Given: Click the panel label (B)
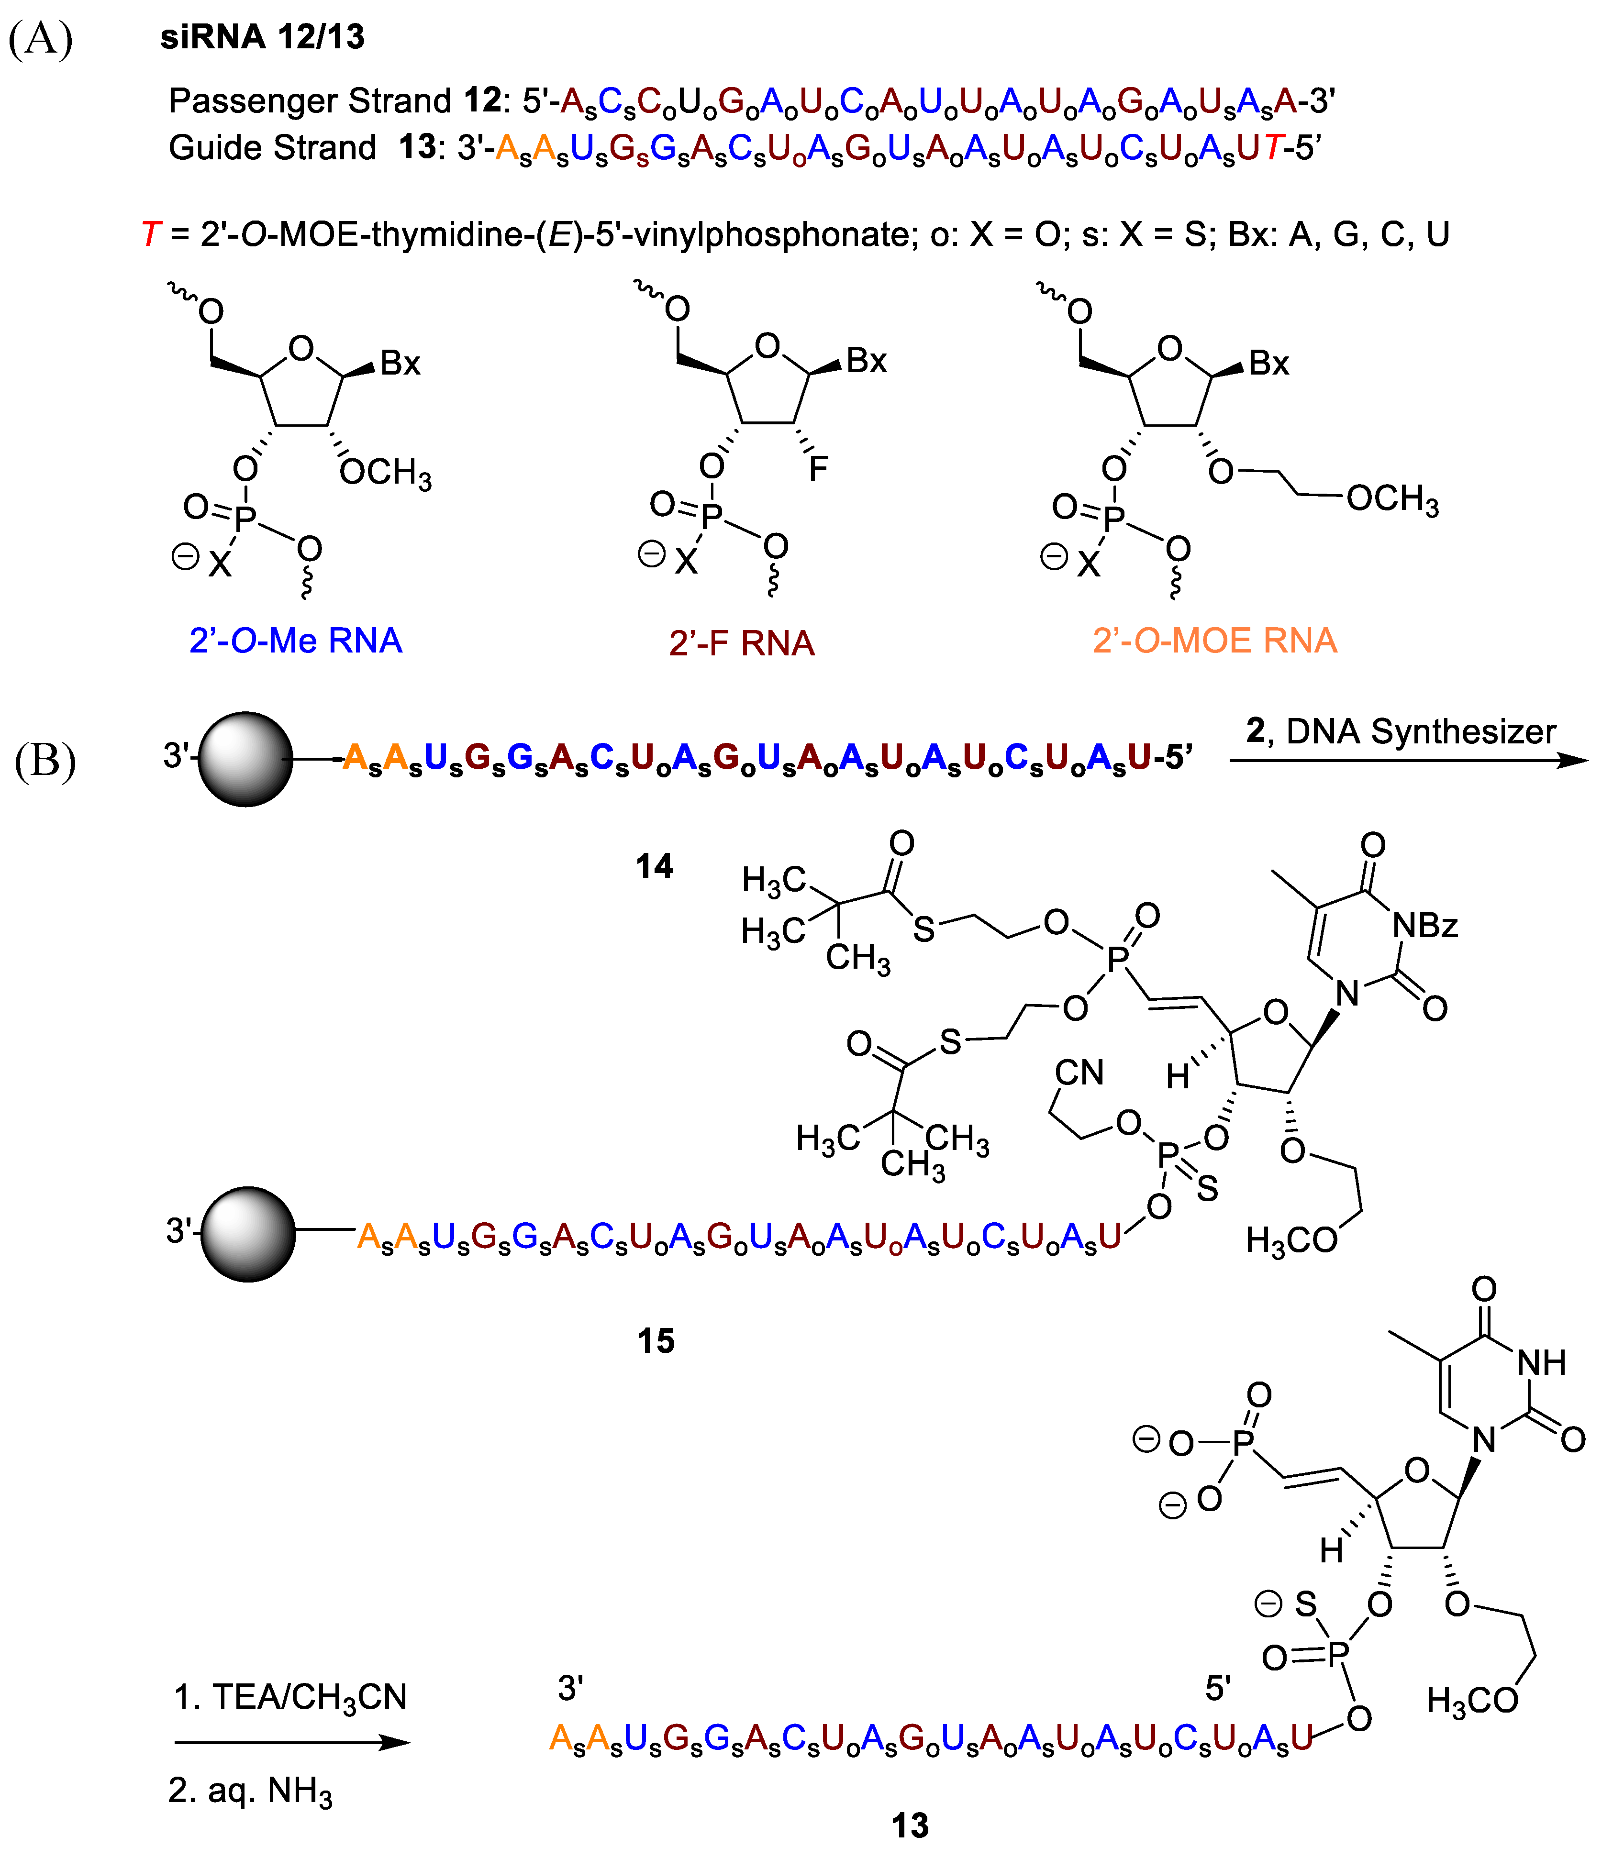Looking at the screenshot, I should tap(45, 760).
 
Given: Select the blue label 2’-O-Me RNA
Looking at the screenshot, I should tap(295, 641).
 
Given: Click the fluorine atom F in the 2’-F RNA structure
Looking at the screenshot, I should tap(817, 468).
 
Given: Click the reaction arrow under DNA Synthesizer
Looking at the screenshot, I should tap(1409, 761).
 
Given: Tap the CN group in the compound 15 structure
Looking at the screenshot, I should tap(1079, 1073).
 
